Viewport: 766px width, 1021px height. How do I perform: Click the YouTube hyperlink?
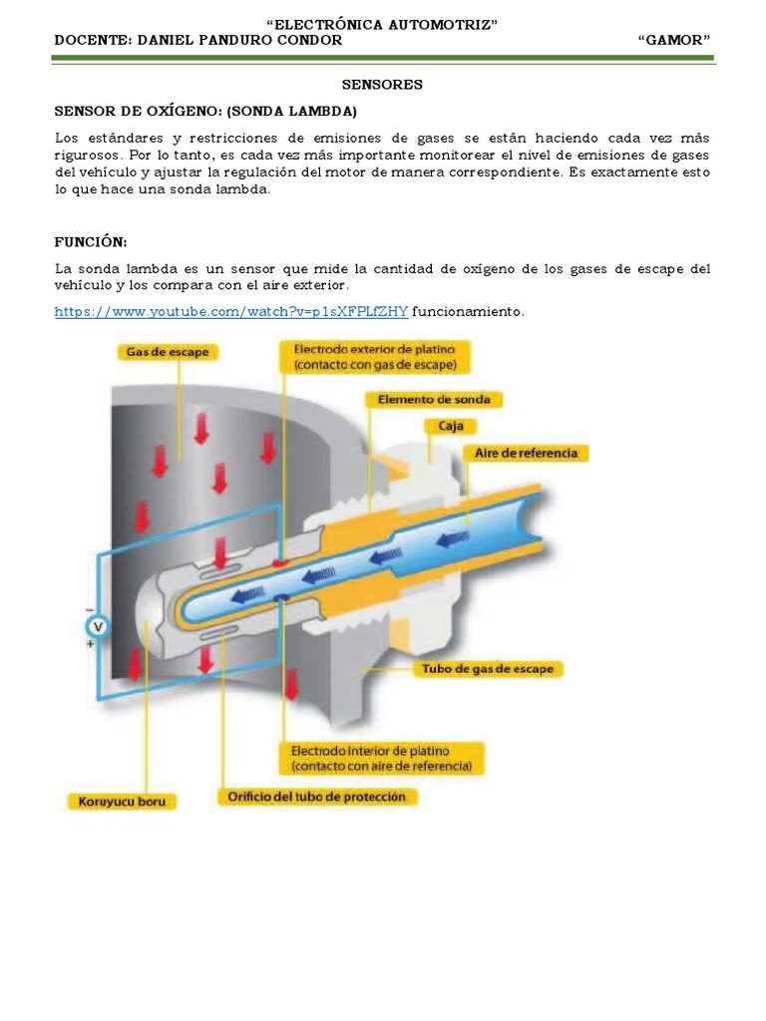tap(230, 312)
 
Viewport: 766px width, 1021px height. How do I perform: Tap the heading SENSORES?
tap(382, 85)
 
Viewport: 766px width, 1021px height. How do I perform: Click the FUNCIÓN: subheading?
tap(91, 243)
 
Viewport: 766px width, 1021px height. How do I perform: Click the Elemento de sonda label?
tap(434, 400)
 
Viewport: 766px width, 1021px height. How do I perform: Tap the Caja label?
tap(444, 426)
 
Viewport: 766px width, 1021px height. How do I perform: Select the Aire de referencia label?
tap(527, 453)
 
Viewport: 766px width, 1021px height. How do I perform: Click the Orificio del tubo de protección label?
tap(317, 797)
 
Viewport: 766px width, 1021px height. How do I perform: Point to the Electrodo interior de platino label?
tap(384, 758)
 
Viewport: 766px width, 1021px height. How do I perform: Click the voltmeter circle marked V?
tap(97, 626)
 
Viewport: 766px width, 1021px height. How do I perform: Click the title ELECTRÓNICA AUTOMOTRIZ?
tap(383, 24)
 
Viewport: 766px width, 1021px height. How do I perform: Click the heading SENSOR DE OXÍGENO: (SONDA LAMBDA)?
tap(204, 111)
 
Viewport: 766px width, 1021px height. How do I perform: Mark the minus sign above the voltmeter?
tap(91, 608)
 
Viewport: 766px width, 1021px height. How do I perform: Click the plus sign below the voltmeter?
tap(91, 645)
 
